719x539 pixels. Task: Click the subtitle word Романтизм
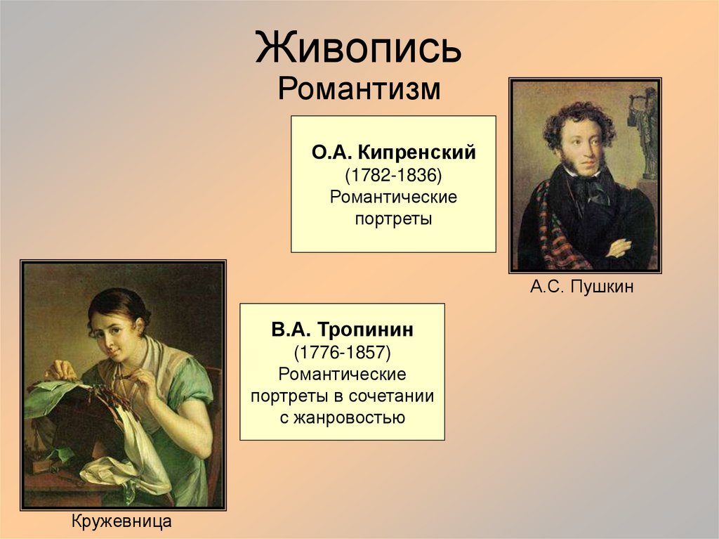359,90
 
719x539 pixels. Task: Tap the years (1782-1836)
393,174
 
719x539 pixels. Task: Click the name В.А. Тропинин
342,329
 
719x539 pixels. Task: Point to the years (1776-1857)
342,351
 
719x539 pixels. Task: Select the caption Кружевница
121,521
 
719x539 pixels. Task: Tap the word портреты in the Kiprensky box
393,219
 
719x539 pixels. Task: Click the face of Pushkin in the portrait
583,148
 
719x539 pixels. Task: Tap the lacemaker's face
112,335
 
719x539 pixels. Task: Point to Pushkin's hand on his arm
618,247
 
